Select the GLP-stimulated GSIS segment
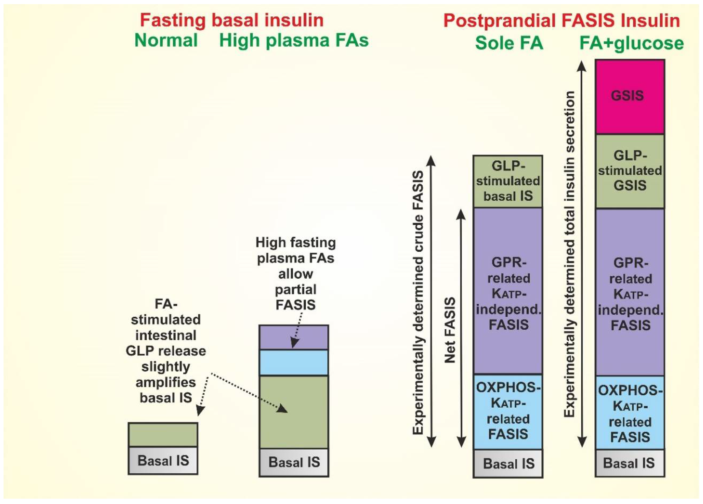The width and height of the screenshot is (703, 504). [630, 171]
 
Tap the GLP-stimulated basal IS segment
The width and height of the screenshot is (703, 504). [508, 181]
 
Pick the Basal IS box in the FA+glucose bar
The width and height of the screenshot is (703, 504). [630, 463]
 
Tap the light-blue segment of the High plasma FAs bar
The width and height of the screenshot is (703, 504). [294, 362]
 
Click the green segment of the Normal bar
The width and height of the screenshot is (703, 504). [163, 434]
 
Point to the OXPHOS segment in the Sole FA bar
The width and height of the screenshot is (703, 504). [508, 411]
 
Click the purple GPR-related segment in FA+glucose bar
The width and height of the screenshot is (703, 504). [630, 293]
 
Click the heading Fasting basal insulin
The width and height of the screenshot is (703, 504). [232, 20]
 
